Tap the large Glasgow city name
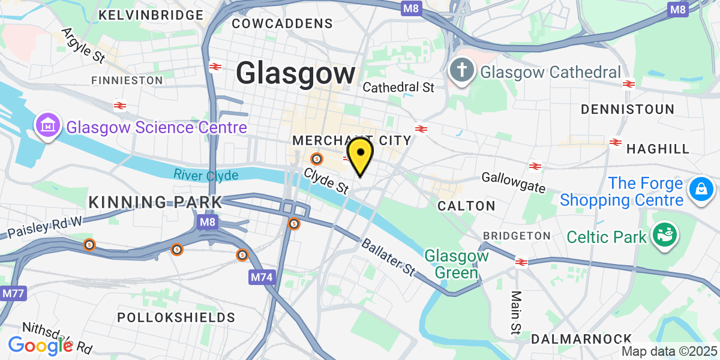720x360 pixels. tap(295, 74)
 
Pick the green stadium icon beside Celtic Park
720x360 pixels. tap(665, 235)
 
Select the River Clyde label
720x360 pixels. tap(206, 175)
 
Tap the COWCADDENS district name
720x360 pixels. tap(282, 23)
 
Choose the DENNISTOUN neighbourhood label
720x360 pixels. tap(628, 109)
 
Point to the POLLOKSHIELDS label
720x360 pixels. tap(176, 317)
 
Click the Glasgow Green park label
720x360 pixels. tap(457, 264)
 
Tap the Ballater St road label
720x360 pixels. tap(388, 256)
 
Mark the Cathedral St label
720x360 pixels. tap(398, 88)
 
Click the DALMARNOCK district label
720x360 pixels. tap(581, 339)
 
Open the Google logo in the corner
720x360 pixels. tap(40, 345)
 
